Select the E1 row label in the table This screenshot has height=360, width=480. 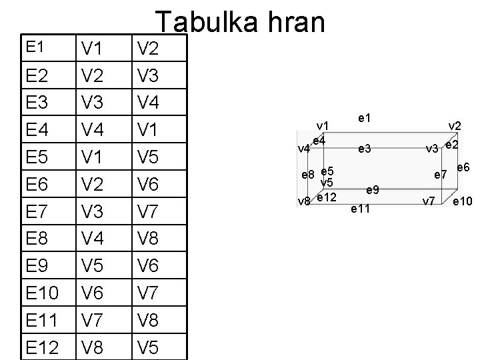tap(34, 47)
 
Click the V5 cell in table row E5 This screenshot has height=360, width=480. tap(152, 157)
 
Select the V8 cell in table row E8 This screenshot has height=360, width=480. tap(152, 239)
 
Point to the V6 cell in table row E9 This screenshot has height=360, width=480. tap(152, 266)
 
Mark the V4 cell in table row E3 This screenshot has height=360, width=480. tap(152, 103)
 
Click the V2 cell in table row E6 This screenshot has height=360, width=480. tap(96, 185)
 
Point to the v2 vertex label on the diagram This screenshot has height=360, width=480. tap(456, 126)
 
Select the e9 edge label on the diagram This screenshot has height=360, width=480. tap(373, 190)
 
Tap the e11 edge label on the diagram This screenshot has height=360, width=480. tap(360, 209)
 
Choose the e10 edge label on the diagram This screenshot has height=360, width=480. tap(462, 201)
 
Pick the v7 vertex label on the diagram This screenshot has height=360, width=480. tap(430, 200)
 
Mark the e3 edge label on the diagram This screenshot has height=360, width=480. tap(365, 149)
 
